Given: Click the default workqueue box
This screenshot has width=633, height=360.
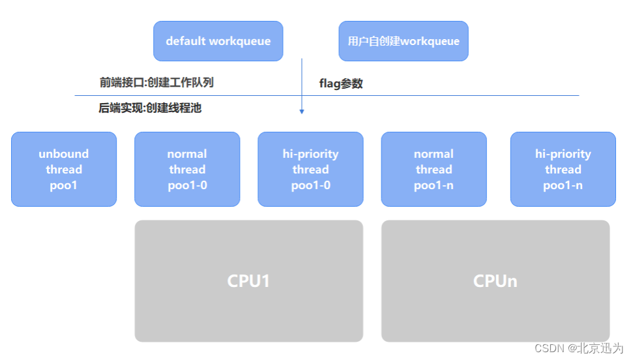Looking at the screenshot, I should coord(218,41).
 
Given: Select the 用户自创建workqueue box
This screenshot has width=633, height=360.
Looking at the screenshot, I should coord(404,41).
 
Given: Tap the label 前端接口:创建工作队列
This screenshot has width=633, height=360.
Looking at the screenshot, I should coord(156,83).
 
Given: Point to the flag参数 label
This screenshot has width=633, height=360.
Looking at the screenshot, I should coord(341,83).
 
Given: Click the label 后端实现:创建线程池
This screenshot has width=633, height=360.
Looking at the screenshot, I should coord(150,108).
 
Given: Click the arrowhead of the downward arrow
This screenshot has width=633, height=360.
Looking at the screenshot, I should coord(302,112).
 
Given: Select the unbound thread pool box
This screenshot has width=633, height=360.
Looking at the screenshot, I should coord(64,169).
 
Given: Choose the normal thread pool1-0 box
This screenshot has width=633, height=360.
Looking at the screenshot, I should coord(187,169).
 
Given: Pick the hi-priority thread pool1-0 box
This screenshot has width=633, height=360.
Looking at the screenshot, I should coord(310,169).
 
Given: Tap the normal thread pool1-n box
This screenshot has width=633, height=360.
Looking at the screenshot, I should coord(434,169).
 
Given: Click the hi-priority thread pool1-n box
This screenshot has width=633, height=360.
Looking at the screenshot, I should coord(563,169).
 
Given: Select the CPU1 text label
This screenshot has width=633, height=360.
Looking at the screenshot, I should coord(248,281).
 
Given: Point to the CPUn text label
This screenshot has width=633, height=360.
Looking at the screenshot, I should coord(495,281).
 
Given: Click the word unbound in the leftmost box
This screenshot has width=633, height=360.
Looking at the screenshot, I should coord(64,154).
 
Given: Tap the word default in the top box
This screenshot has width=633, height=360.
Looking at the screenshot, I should coord(185,41).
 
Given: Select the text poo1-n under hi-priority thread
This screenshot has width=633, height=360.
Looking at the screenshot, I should coord(563,185).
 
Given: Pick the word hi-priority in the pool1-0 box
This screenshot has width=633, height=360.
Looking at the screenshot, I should coord(310,154).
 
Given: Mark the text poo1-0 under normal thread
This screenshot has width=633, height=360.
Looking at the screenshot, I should coord(187,185).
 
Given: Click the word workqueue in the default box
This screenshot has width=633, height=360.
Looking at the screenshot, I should coord(240,41).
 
